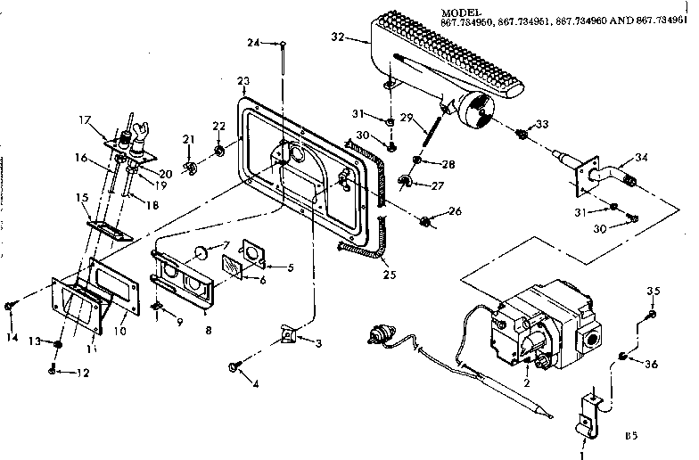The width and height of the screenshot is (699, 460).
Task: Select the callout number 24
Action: point(252,42)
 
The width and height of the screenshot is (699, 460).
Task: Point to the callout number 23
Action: point(243,81)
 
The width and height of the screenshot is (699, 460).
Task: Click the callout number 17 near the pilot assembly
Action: point(86,119)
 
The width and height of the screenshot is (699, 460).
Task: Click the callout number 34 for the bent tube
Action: point(640,158)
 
